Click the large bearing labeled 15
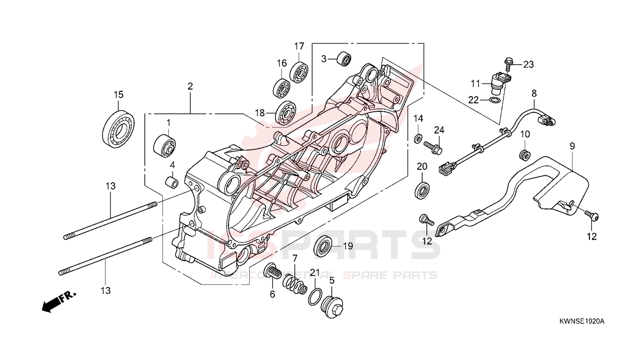[118, 129]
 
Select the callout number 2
[190, 86]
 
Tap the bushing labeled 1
[164, 145]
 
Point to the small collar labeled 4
[172, 182]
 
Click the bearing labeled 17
[299, 72]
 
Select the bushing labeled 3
[344, 59]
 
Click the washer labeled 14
[418, 139]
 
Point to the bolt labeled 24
[433, 147]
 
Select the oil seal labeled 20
[422, 189]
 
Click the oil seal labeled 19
[323, 246]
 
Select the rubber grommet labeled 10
[524, 154]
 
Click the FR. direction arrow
[59, 301]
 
